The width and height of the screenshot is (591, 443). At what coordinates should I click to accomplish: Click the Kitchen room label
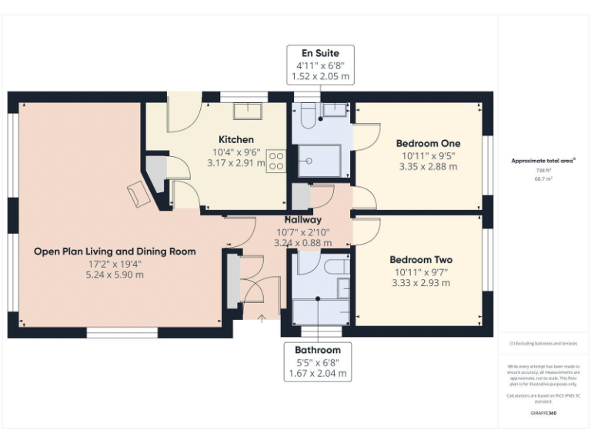[235, 139]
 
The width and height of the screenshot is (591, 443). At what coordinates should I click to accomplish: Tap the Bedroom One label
[428, 143]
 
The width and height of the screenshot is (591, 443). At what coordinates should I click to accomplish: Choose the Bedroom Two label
[421, 260]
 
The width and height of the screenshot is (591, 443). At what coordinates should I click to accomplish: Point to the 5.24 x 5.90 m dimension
[115, 275]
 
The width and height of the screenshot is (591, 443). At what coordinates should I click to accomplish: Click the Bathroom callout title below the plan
[317, 348]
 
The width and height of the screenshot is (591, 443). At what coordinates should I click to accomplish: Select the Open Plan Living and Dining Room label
[115, 251]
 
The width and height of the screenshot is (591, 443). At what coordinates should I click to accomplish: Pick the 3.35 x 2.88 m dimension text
[429, 166]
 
